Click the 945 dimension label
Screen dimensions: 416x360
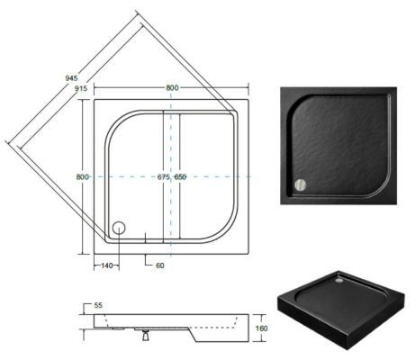click(71, 78)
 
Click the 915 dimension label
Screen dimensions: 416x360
click(81, 88)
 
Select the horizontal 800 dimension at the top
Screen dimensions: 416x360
click(172, 87)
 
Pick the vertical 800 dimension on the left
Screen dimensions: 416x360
click(83, 177)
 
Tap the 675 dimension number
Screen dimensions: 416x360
click(164, 177)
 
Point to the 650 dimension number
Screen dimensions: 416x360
click(180, 177)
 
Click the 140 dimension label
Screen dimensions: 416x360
click(107, 265)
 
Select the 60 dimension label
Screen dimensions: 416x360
click(160, 265)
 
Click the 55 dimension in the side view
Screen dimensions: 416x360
click(98, 305)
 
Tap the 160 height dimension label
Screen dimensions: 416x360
click(261, 328)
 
